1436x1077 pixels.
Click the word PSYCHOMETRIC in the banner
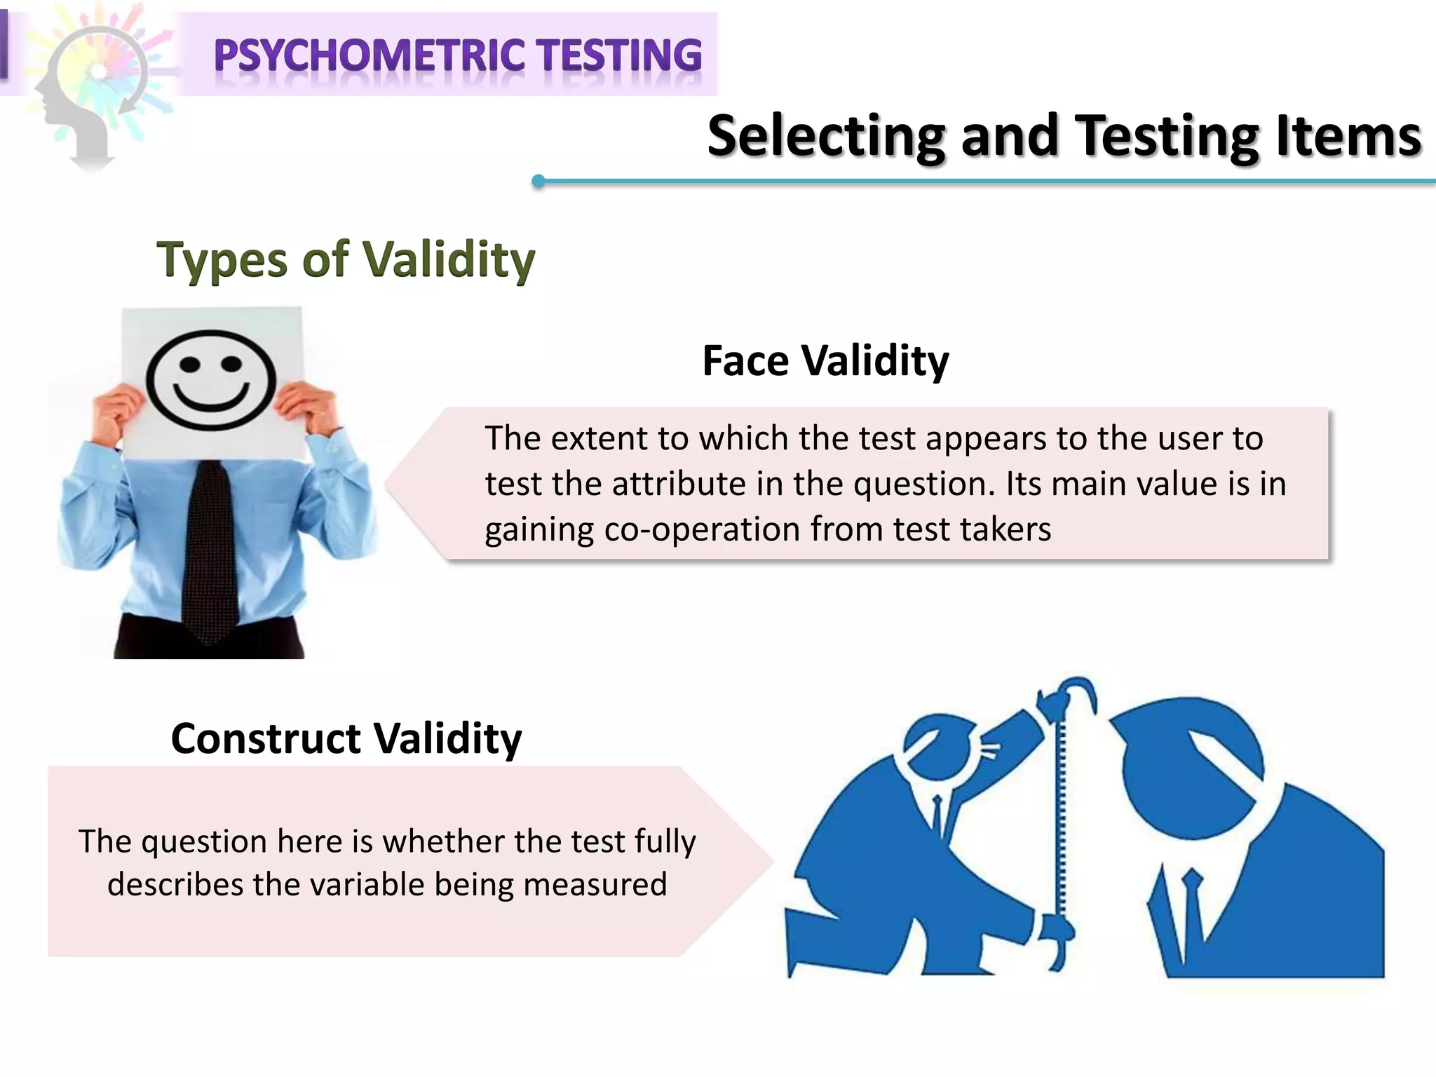369,55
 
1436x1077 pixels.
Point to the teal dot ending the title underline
538,182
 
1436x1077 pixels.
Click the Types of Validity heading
346,259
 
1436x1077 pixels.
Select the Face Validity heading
825,361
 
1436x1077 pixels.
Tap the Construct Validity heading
346,738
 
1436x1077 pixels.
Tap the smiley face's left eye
189,365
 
